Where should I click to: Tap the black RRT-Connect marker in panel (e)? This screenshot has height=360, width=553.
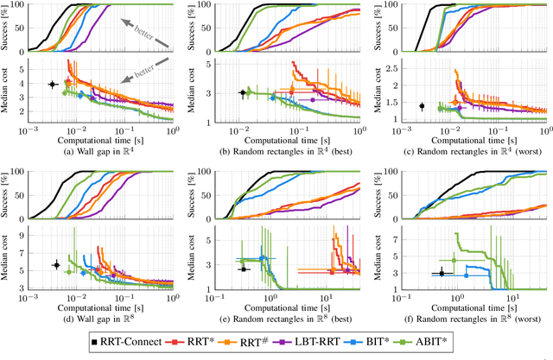coord(245,268)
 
